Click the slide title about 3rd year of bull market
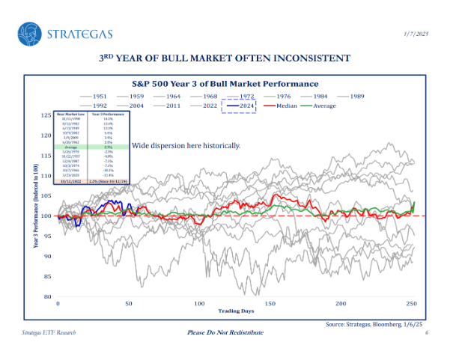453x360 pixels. (x=225, y=58)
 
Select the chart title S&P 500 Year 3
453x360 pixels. (x=225, y=84)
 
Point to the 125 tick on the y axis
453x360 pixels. (x=46, y=116)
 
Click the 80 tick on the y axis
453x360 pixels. (x=47, y=296)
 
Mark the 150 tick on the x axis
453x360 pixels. (x=270, y=304)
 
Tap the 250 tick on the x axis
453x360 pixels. (x=410, y=304)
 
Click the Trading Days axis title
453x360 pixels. (x=234, y=311)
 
